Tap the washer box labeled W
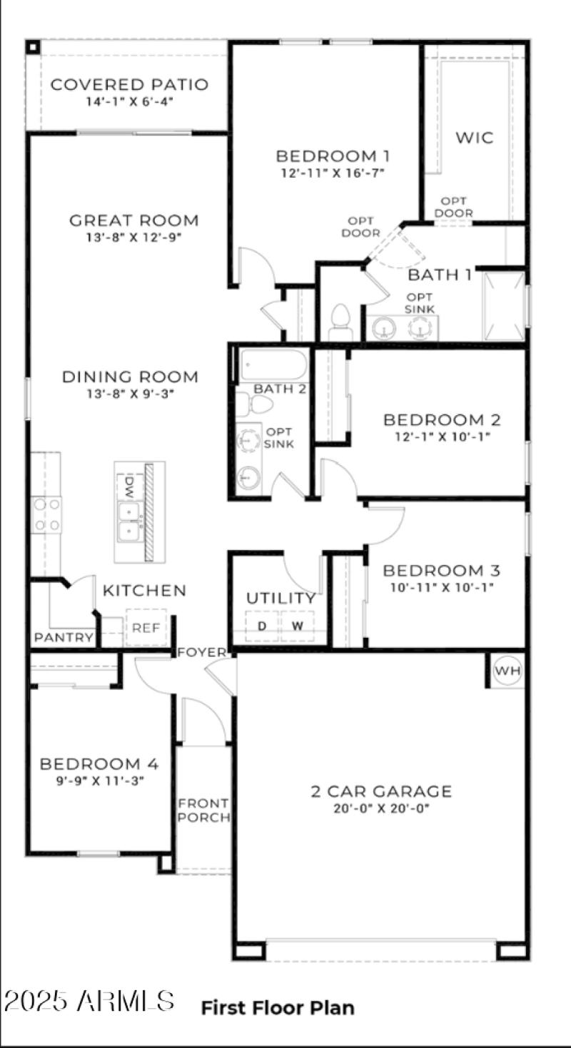(298, 626)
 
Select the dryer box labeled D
(262, 626)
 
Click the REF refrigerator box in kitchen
(146, 628)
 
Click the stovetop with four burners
(46, 514)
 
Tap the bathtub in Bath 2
(273, 365)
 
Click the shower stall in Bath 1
(503, 305)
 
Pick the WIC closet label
(475, 138)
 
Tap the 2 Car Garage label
(381, 791)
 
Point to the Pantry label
(64, 637)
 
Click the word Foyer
(202, 652)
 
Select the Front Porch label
(203, 810)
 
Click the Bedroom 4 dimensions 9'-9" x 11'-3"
(99, 780)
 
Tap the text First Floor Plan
(278, 1007)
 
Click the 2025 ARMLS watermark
(89, 1001)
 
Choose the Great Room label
(133, 220)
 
